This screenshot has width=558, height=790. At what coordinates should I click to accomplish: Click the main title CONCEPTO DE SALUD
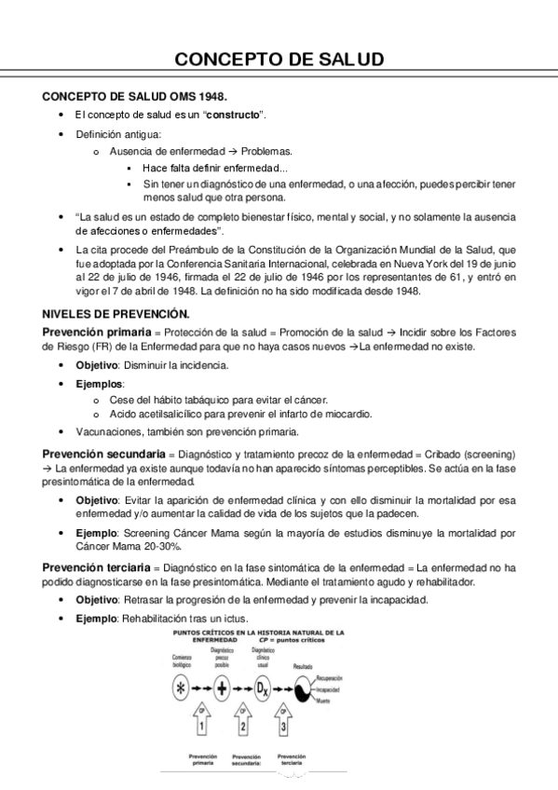(279, 61)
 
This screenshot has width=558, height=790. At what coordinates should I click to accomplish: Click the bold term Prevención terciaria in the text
(97, 566)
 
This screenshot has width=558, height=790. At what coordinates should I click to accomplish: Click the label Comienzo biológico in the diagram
(182, 662)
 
